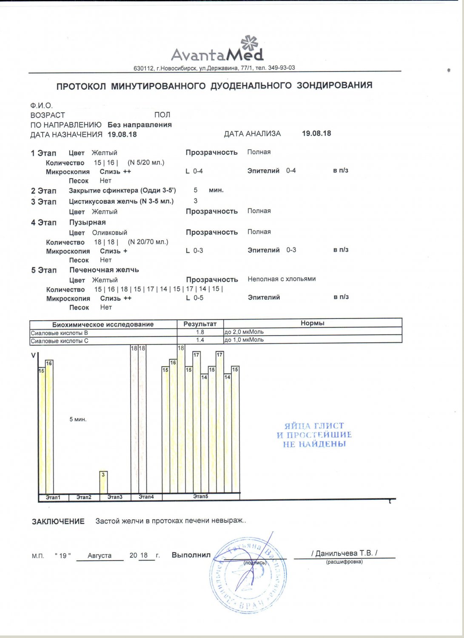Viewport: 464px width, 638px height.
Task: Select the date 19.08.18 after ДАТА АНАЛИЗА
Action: click(316, 133)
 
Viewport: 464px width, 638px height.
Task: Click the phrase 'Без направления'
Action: click(139, 125)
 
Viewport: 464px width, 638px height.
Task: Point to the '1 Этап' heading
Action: click(43, 153)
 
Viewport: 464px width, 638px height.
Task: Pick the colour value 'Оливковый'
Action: click(109, 233)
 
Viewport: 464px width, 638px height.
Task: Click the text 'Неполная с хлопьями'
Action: click(282, 279)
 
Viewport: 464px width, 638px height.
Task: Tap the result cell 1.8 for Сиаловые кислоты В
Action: click(200, 332)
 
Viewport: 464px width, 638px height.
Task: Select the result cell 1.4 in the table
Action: click(200, 340)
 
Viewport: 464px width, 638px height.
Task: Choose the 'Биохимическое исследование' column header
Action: click(103, 324)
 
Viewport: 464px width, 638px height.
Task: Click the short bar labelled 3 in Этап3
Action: click(103, 482)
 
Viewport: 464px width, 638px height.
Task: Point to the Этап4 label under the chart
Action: click(146, 497)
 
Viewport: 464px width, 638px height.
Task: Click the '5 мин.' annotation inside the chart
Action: click(78, 419)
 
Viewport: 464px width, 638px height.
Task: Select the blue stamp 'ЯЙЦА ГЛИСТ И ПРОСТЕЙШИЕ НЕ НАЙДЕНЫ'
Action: click(314, 435)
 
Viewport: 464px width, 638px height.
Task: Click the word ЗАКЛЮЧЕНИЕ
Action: click(58, 521)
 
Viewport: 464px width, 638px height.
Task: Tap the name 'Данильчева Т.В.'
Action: click(344, 553)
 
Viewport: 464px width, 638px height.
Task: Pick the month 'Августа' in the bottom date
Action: click(100, 555)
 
